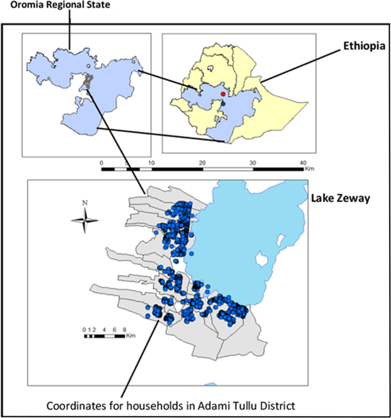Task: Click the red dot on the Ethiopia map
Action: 223,94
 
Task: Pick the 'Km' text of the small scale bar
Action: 131,335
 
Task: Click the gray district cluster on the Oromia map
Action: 87,81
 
